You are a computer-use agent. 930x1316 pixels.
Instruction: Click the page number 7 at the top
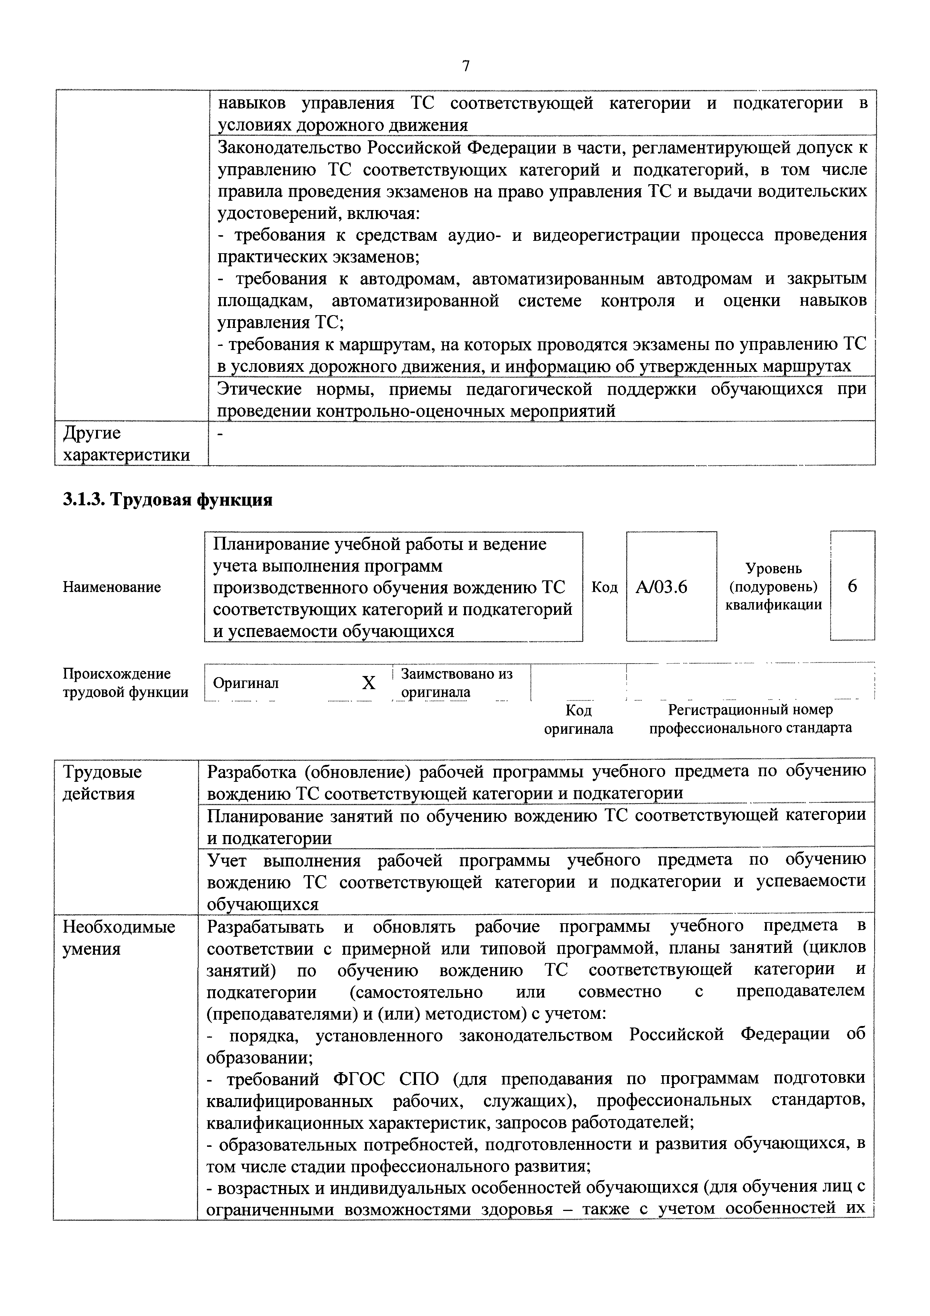pyautogui.click(x=465, y=66)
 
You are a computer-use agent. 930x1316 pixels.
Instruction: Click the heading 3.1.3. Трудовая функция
pyautogui.click(x=167, y=500)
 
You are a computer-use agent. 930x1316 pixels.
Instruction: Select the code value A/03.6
pyautogui.click(x=661, y=587)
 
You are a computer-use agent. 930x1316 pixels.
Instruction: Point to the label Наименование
pyautogui.click(x=112, y=587)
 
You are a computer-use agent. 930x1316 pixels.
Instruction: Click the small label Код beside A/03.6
pyautogui.click(x=604, y=587)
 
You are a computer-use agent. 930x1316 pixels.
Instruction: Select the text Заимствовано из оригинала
pyautogui.click(x=456, y=683)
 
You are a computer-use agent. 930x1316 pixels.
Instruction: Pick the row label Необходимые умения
pyautogui.click(x=119, y=938)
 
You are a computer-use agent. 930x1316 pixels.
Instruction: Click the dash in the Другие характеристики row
pyautogui.click(x=222, y=434)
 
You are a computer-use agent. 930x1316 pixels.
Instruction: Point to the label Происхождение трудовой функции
pyautogui.click(x=125, y=683)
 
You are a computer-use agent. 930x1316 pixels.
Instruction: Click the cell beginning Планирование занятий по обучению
pyautogui.click(x=536, y=826)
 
